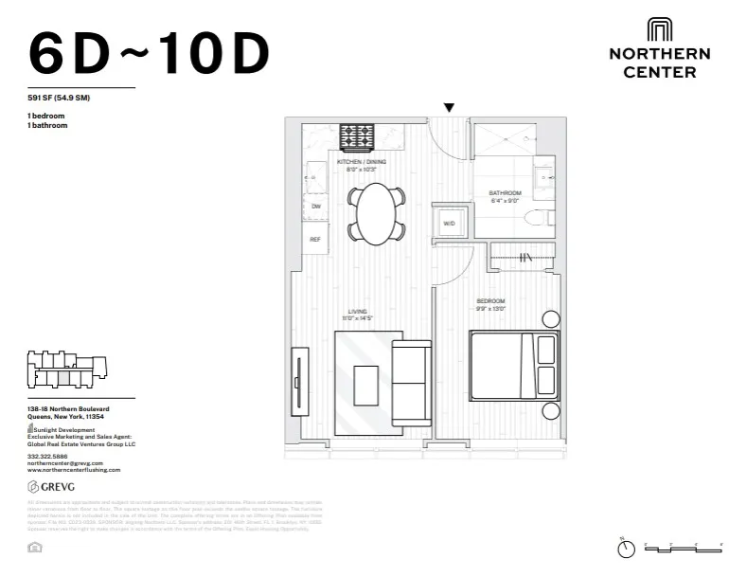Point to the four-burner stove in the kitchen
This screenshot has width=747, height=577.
click(x=358, y=137)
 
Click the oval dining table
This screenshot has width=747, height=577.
click(x=376, y=210)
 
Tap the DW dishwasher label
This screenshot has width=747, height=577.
click(x=314, y=206)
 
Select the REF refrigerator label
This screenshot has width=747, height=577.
click(x=314, y=239)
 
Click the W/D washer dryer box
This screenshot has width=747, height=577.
click(x=449, y=225)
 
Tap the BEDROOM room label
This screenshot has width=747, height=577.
click(x=490, y=301)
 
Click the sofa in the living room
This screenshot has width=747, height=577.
click(x=411, y=383)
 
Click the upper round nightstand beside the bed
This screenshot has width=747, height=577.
click(x=550, y=319)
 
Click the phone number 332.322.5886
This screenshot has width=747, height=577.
click(x=46, y=455)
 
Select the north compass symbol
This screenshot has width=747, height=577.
click(x=624, y=548)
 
